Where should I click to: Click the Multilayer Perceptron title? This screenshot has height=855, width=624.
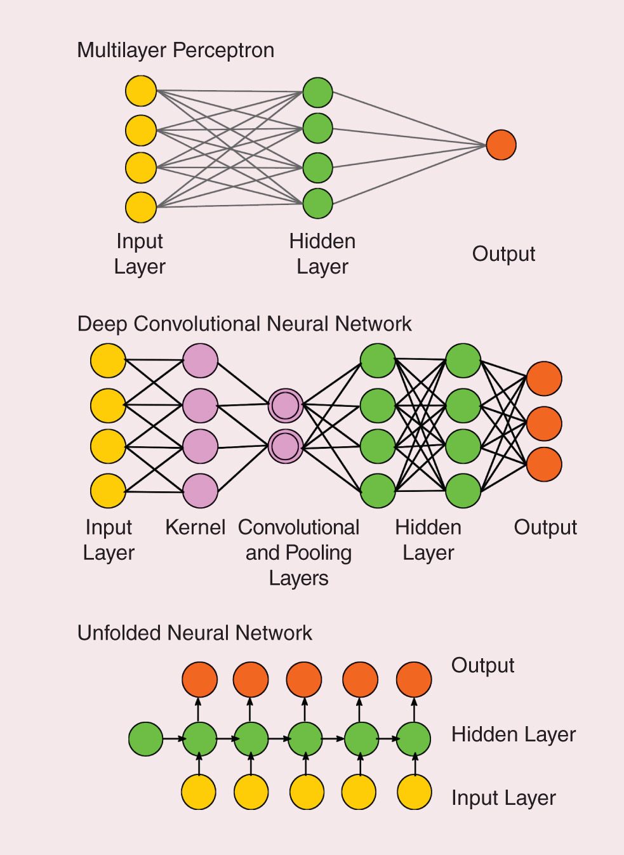point(175,50)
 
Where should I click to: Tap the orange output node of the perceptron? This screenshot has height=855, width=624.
point(501,145)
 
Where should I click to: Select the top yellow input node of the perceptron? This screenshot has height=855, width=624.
point(141,91)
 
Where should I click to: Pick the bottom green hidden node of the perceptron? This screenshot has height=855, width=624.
point(317,204)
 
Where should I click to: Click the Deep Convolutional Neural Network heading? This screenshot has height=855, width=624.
point(244,324)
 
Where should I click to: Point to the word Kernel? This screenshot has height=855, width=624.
point(195,527)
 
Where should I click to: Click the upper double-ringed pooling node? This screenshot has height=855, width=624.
point(285,406)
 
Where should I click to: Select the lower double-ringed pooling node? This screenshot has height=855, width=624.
point(285,446)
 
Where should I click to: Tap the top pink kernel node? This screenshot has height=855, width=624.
point(200,361)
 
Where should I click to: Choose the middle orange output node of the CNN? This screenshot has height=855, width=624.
point(544,423)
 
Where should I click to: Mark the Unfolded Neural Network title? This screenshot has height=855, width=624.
point(194,633)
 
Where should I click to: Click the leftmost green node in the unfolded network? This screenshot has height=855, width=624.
point(145,739)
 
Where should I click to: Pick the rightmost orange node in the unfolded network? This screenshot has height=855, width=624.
point(414,679)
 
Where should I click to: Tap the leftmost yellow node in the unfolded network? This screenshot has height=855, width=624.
point(199,792)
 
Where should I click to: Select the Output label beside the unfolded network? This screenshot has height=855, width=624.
point(482,665)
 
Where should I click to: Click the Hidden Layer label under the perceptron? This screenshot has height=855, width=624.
point(322,254)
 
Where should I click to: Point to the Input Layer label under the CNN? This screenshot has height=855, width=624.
point(109,540)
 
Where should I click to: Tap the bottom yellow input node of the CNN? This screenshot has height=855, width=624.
point(108,491)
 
